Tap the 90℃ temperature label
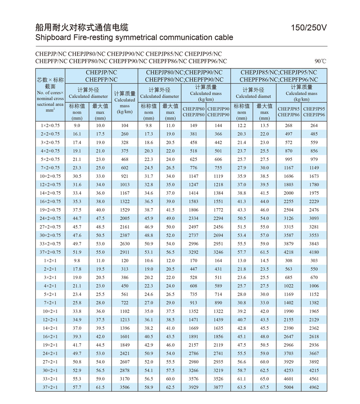[320, 61]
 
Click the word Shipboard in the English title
[53, 37]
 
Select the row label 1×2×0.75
[50, 126]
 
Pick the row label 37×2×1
[50, 387]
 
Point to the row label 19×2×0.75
[50, 210]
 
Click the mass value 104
[125, 126]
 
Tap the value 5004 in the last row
[288, 387]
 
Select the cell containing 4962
[314, 387]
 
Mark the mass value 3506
[125, 387]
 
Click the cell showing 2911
[125, 252]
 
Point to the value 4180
[314, 252]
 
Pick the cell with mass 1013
[125, 185]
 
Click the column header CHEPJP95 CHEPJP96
[314, 112]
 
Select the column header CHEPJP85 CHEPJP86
[288, 112]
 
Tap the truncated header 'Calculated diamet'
[253, 96]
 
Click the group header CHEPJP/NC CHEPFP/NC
[102, 76]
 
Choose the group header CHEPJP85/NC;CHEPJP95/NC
[279, 72]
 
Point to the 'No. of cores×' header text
[50, 93]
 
